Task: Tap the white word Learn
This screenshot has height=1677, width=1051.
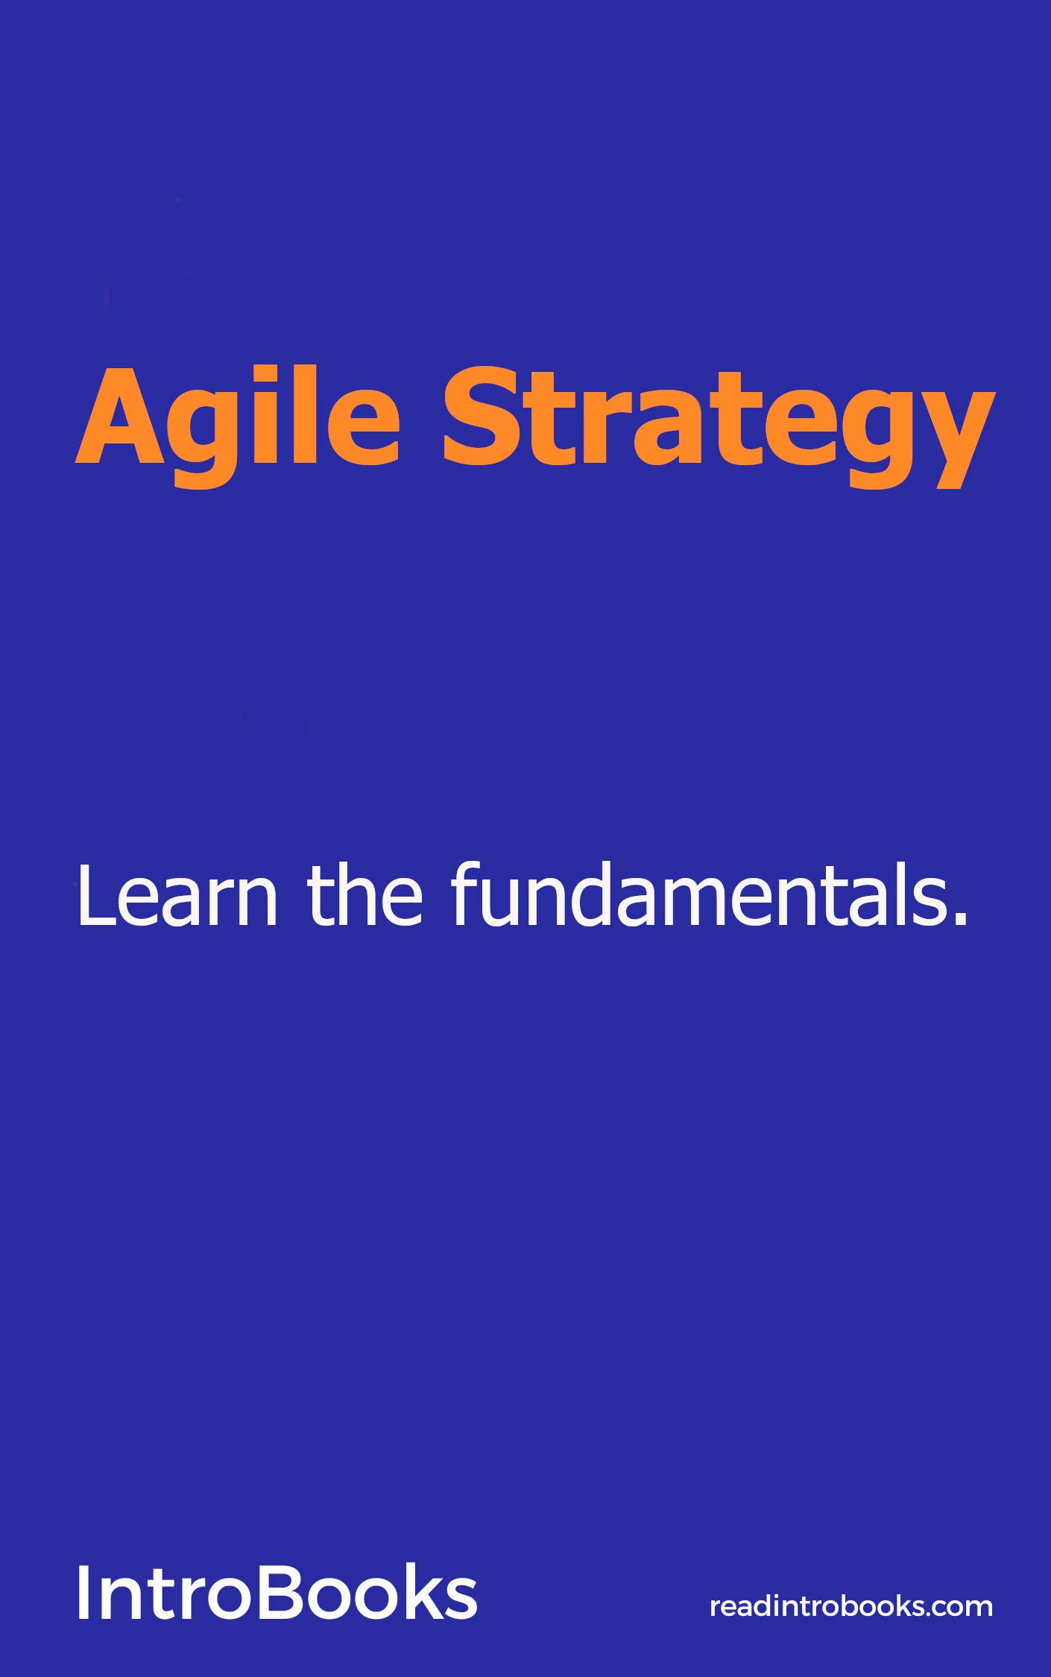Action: [x=177, y=895]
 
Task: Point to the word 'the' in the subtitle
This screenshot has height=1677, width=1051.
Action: [x=365, y=894]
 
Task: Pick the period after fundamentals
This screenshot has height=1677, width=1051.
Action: [x=961, y=920]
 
